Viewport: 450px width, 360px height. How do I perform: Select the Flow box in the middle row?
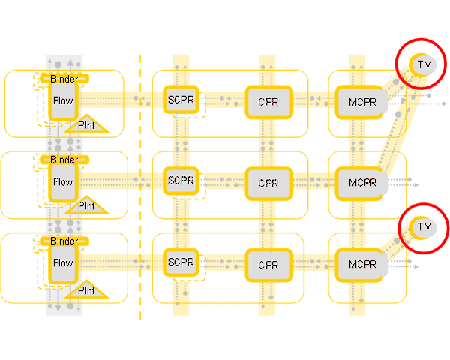click(63, 182)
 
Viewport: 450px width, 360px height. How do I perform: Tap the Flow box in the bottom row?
click(63, 263)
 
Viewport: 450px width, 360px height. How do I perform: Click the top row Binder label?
click(64, 78)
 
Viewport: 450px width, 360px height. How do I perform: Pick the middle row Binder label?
click(64, 160)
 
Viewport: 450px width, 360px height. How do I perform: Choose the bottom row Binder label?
click(64, 241)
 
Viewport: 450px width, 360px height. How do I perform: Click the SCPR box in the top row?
click(181, 100)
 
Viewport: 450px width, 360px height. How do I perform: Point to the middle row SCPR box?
click(181, 181)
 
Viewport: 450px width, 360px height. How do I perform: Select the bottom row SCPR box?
click(181, 263)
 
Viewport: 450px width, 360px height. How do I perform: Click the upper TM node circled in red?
click(424, 65)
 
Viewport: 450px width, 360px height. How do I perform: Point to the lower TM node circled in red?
click(424, 226)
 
